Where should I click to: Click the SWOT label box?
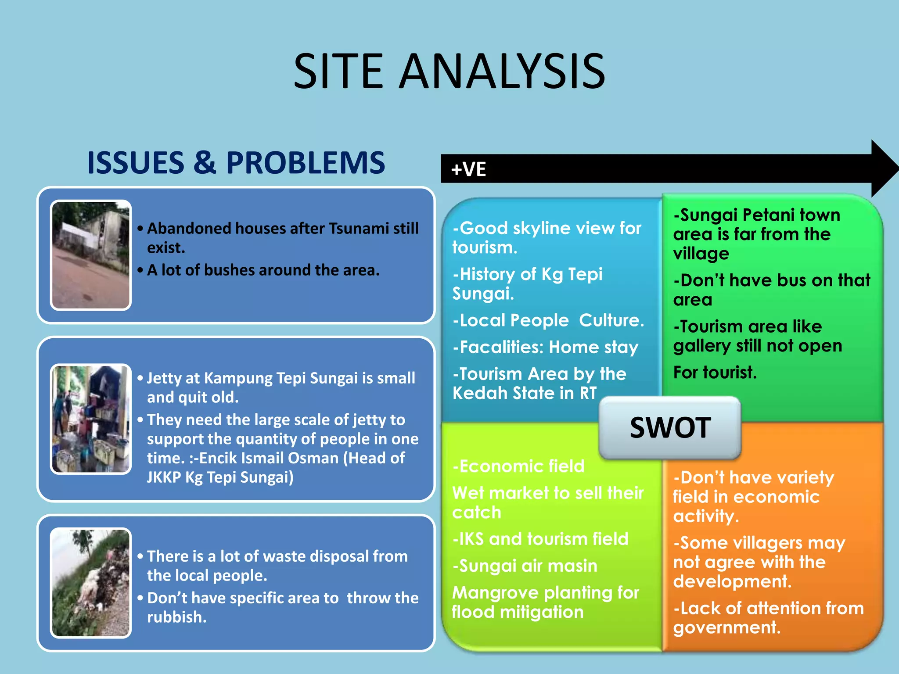(x=670, y=427)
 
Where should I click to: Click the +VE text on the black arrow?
(x=468, y=169)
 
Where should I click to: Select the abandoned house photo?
(x=91, y=255)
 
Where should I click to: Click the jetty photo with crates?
(x=91, y=419)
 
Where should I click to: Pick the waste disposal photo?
(x=91, y=583)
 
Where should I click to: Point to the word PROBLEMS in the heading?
(x=306, y=163)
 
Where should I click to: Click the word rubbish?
(x=176, y=617)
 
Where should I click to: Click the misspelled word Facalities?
(x=498, y=347)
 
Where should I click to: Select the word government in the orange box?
(x=726, y=627)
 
